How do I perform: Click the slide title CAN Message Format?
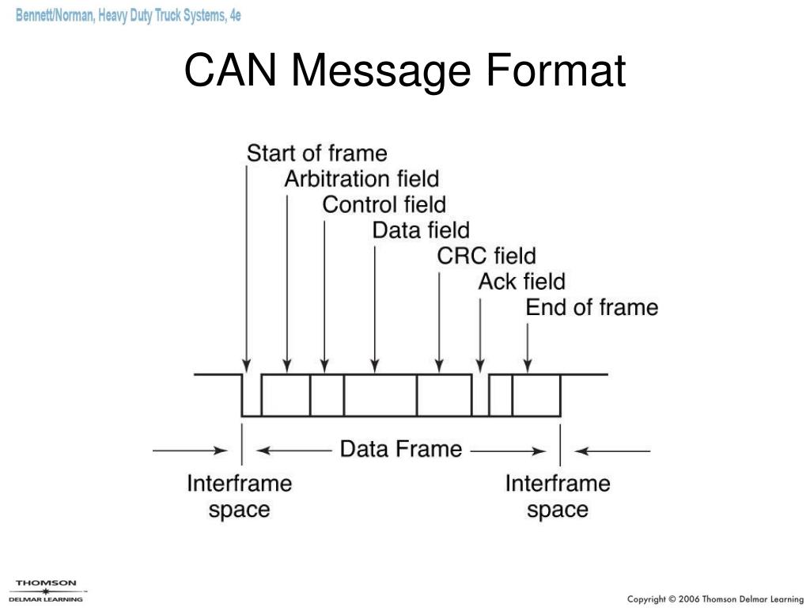click(405, 70)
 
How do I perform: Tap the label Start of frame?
click(316, 153)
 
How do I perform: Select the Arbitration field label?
click(361, 179)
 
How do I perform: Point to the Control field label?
click(384, 205)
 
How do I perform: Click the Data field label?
click(420, 230)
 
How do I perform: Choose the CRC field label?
click(486, 256)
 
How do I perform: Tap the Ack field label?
click(521, 281)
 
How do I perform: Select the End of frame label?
click(592, 307)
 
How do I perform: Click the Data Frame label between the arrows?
click(400, 449)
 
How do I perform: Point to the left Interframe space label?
click(239, 496)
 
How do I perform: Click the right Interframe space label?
click(558, 496)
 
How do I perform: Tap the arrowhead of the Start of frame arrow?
click(248, 367)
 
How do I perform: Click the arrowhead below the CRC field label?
click(440, 367)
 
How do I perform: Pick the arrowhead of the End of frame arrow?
click(528, 367)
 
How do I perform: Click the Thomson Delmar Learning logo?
click(47, 591)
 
